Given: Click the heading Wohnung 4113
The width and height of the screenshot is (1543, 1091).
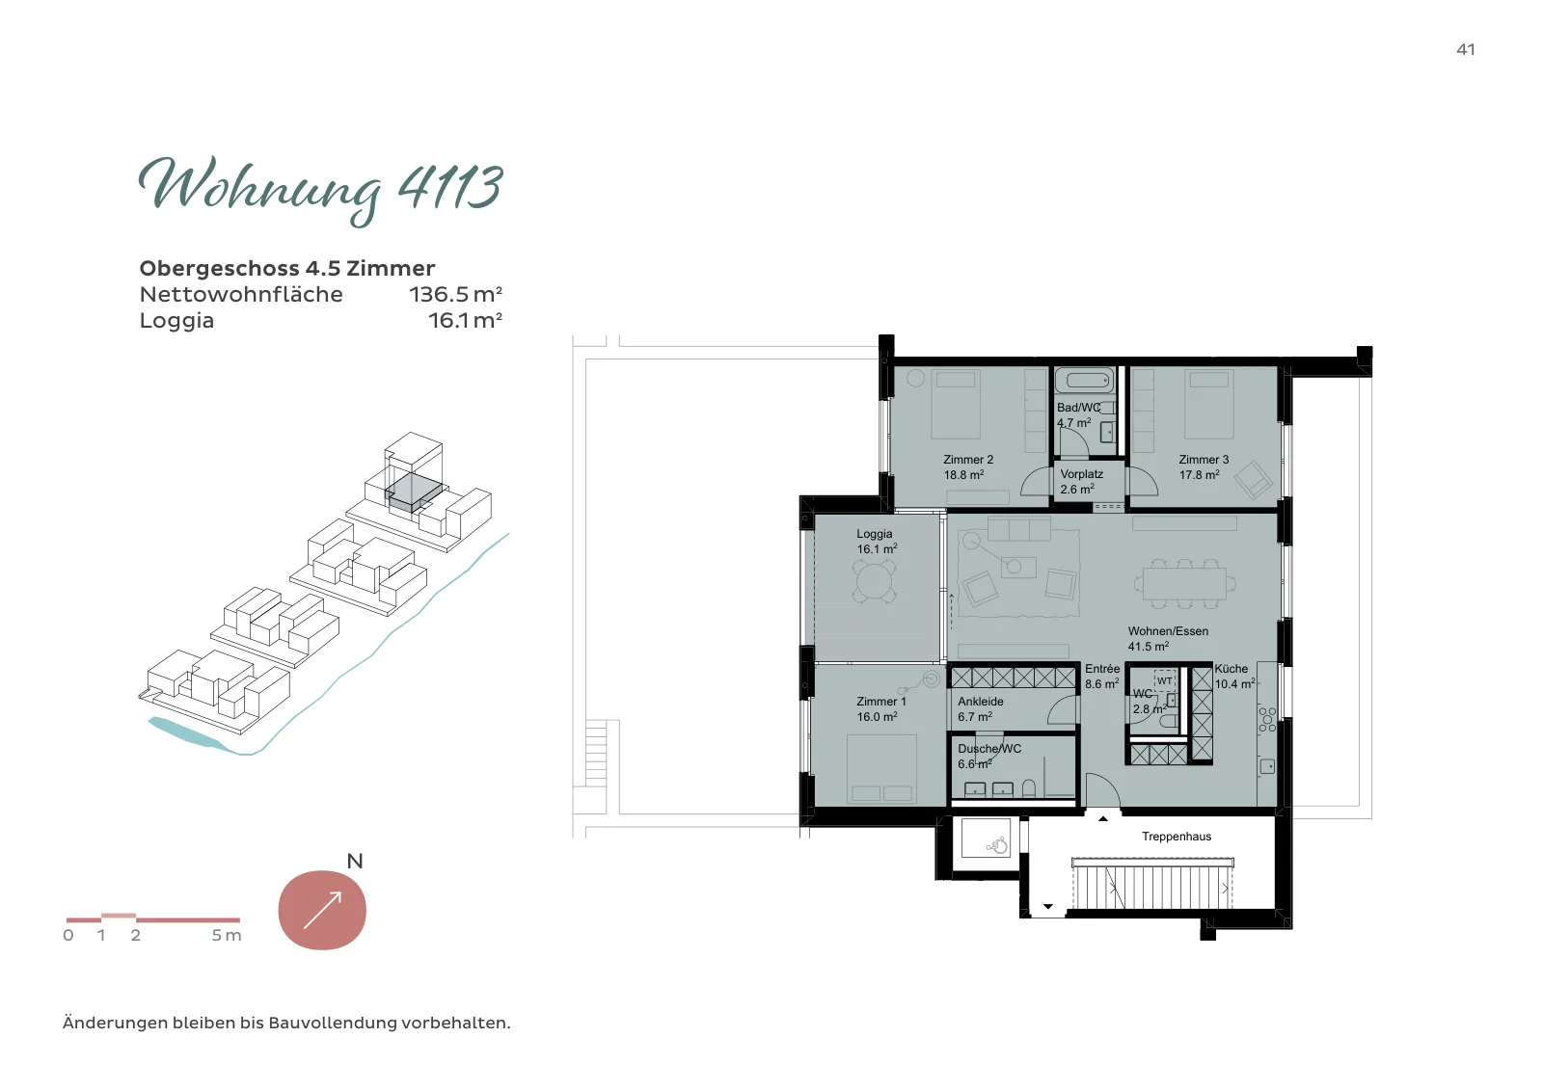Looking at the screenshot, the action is pyautogui.click(x=321, y=189).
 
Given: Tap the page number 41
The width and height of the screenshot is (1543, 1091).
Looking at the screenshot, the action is pyautogui.click(x=1465, y=49).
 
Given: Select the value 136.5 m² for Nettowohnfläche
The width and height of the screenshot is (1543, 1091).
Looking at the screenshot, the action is pyautogui.click(x=455, y=295).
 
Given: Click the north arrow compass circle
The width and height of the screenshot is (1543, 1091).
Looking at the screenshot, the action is pyautogui.click(x=322, y=910).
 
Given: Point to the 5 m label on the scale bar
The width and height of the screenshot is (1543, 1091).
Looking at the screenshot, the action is pyautogui.click(x=227, y=936).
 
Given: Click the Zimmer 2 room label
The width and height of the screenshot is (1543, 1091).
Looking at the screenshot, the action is pyautogui.click(x=968, y=467).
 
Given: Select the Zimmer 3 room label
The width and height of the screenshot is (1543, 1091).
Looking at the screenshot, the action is pyautogui.click(x=1204, y=467).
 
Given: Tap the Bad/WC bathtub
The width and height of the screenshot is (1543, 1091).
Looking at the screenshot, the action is pyautogui.click(x=1085, y=380).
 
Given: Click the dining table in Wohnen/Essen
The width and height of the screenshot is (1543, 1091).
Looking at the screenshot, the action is pyautogui.click(x=1185, y=584).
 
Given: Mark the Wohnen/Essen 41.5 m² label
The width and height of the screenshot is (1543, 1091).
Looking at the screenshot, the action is pyautogui.click(x=1168, y=639).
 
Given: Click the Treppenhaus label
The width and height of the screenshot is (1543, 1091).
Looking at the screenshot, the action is pyautogui.click(x=1177, y=837).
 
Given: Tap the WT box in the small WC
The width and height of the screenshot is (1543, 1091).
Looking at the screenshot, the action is pyautogui.click(x=1164, y=680).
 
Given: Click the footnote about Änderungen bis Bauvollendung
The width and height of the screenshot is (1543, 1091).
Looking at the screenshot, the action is pyautogui.click(x=286, y=1023).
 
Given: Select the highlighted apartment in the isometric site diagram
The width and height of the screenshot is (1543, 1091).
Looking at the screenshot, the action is pyautogui.click(x=413, y=492).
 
